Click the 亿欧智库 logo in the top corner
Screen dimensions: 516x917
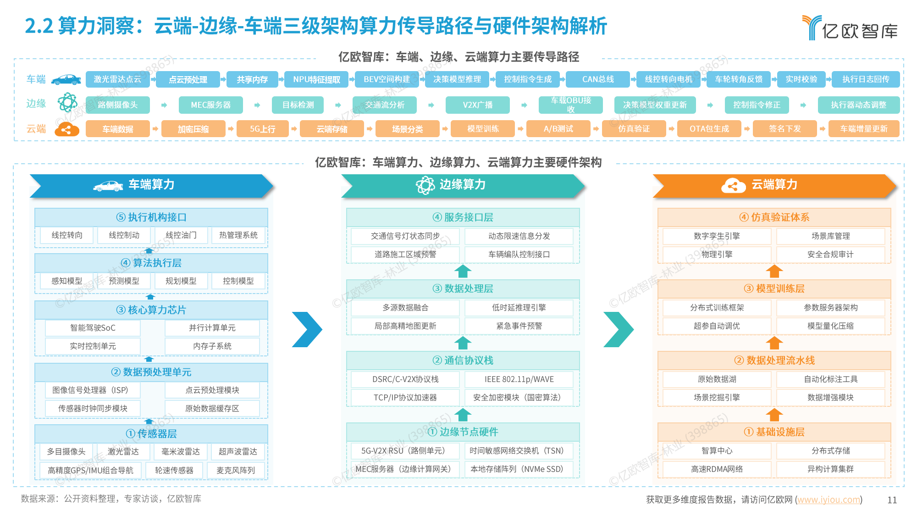coord(851,28)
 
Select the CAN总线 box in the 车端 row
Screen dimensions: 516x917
coord(598,79)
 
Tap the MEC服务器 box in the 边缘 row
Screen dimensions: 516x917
coord(210,105)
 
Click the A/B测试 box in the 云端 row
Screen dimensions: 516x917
coord(558,129)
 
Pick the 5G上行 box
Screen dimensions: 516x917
coord(263,129)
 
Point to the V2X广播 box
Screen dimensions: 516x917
coord(477,105)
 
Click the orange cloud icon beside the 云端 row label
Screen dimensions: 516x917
coord(67,129)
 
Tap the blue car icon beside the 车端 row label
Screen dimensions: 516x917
coord(66,80)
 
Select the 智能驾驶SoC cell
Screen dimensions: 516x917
coord(93,328)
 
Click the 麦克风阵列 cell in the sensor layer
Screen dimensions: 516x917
coord(236,470)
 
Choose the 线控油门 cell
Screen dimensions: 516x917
coord(181,235)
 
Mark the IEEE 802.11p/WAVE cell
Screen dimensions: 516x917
coord(519,379)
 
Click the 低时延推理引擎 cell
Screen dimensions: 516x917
coord(519,308)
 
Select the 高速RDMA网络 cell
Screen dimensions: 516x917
coord(717,469)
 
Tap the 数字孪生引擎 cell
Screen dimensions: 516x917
coord(717,236)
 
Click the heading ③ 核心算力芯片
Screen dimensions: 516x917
coord(151,310)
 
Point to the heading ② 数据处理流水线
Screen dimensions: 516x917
coord(774,361)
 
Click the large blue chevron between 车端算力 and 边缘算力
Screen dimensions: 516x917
coord(307,329)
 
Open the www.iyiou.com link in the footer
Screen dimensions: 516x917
coord(829,499)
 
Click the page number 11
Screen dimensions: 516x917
coord(892,500)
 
